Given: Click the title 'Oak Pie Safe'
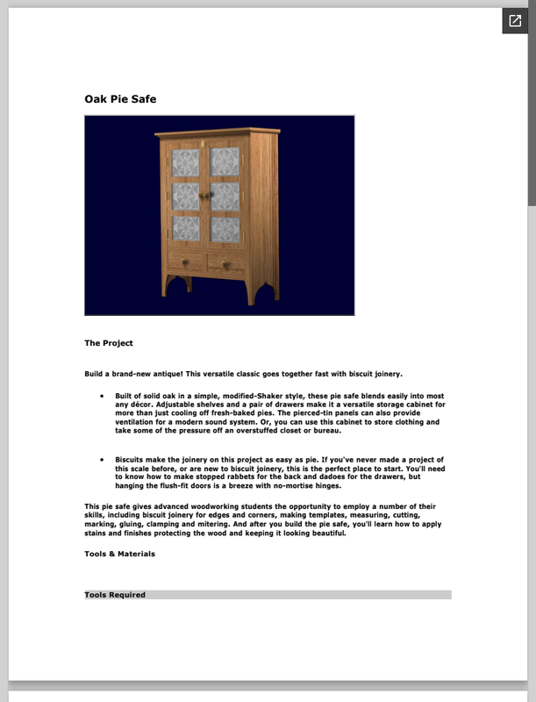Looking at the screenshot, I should click(120, 99).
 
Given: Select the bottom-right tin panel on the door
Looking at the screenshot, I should click(225, 230).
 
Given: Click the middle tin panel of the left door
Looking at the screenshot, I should click(185, 196).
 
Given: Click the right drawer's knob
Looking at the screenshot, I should click(227, 265).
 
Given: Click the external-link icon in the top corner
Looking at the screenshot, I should click(514, 21).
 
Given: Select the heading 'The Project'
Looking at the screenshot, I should click(109, 343).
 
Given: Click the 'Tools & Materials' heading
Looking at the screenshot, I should click(119, 554).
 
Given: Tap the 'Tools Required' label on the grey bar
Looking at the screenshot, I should click(115, 595).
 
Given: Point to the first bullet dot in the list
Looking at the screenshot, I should click(103, 397).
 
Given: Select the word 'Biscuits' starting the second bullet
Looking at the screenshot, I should click(132, 460).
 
